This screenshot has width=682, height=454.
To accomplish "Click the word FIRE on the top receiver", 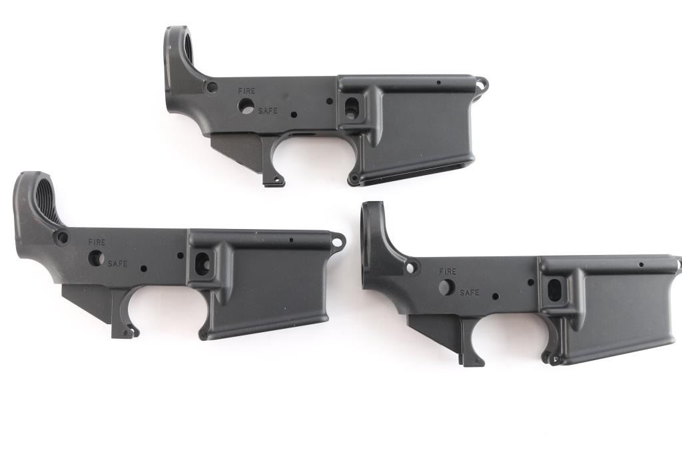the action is tap(246, 91).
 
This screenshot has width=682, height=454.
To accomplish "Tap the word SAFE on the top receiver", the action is tap(268, 111).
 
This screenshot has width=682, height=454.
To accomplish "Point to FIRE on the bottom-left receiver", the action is tap(97, 242).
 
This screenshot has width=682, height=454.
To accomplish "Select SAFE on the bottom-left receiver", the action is tap(117, 264).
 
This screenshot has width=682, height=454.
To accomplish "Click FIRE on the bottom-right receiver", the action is tap(448, 272).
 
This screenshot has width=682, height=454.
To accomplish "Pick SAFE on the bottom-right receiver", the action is tap(470, 292).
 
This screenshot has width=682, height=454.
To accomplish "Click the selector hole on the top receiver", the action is tap(246, 106).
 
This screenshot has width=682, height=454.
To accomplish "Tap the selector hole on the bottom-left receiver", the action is tap(96, 258).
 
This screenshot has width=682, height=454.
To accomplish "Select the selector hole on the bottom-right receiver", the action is tap(446, 288).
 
